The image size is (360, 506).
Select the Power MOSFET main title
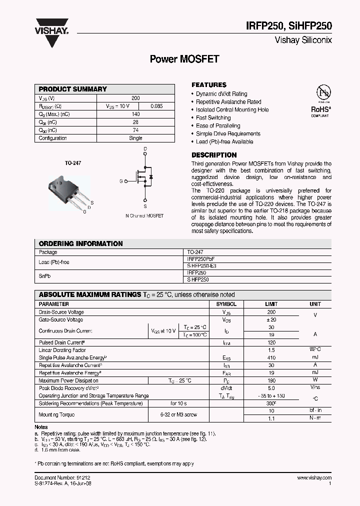pos(184,59)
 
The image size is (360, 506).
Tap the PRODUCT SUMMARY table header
pos(73,89)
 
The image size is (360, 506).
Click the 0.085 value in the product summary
pos(156,106)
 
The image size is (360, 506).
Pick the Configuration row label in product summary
pos(52,138)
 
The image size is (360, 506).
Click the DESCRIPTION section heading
pos(214,155)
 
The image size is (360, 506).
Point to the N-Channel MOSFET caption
pos(144,215)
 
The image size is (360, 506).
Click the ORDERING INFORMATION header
pos(80,243)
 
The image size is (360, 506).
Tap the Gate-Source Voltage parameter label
pos(61,319)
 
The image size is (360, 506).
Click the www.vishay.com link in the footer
pos(314,478)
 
